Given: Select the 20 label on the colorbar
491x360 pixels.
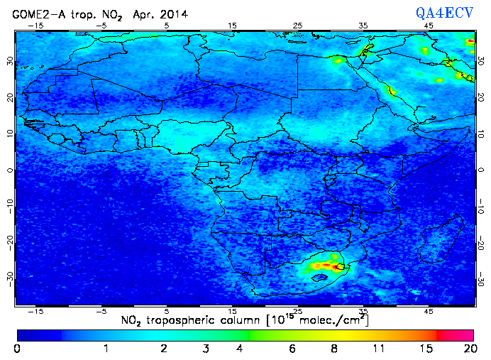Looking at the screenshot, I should (468, 349).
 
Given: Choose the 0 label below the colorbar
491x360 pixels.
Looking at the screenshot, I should (17, 349).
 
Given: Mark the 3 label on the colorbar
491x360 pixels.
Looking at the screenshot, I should (205, 349).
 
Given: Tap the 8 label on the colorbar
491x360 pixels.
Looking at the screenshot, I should (334, 349).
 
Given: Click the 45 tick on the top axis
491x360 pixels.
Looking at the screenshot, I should (429, 25).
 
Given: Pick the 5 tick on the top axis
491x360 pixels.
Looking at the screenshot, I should (167, 25).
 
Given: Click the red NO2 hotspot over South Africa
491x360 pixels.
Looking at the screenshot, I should (327, 265).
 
